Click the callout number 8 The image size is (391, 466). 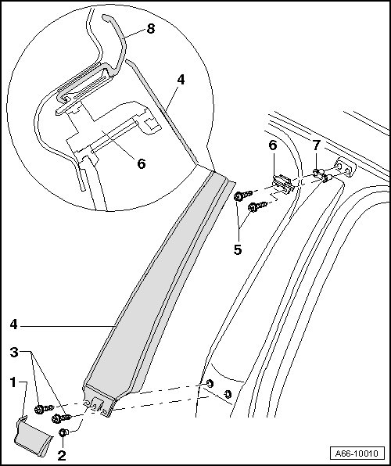[x=151, y=29]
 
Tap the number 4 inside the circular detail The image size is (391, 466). [x=181, y=80]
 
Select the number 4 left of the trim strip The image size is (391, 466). [x=13, y=324]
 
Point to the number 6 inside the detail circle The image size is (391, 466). [x=142, y=163]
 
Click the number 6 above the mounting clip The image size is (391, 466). [x=273, y=145]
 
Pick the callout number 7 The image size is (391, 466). [x=316, y=145]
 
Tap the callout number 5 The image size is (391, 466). [x=237, y=249]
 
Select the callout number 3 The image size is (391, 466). [x=14, y=353]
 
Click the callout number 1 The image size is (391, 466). [x=13, y=382]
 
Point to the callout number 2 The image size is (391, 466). [x=62, y=456]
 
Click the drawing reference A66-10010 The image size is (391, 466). [x=357, y=453]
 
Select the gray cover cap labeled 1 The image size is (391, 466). [x=32, y=436]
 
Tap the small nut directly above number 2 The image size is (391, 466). [x=63, y=432]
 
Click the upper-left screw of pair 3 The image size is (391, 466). [x=44, y=409]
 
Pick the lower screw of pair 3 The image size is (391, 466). [x=61, y=418]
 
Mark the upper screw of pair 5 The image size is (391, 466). [x=243, y=195]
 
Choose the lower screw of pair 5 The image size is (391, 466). [x=257, y=206]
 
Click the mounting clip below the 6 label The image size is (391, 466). [x=283, y=185]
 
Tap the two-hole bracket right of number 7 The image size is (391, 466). [x=345, y=167]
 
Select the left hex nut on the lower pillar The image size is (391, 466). [x=210, y=383]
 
